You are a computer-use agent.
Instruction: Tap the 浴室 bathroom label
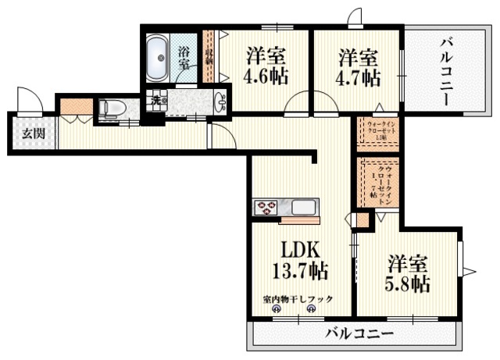[x=184, y=59]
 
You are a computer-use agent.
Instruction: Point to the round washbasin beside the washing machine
[x=221, y=101]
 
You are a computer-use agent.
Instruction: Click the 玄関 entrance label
[x=33, y=133]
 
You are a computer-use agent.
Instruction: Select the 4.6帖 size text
[x=266, y=78]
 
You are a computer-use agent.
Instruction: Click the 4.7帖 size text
[x=359, y=78]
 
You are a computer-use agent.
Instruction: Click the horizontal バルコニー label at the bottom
[x=360, y=334]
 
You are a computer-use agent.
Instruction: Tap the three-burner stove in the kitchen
[x=266, y=208]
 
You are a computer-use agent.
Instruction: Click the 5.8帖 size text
[x=406, y=284]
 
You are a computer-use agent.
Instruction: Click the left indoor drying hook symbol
[x=276, y=309]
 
